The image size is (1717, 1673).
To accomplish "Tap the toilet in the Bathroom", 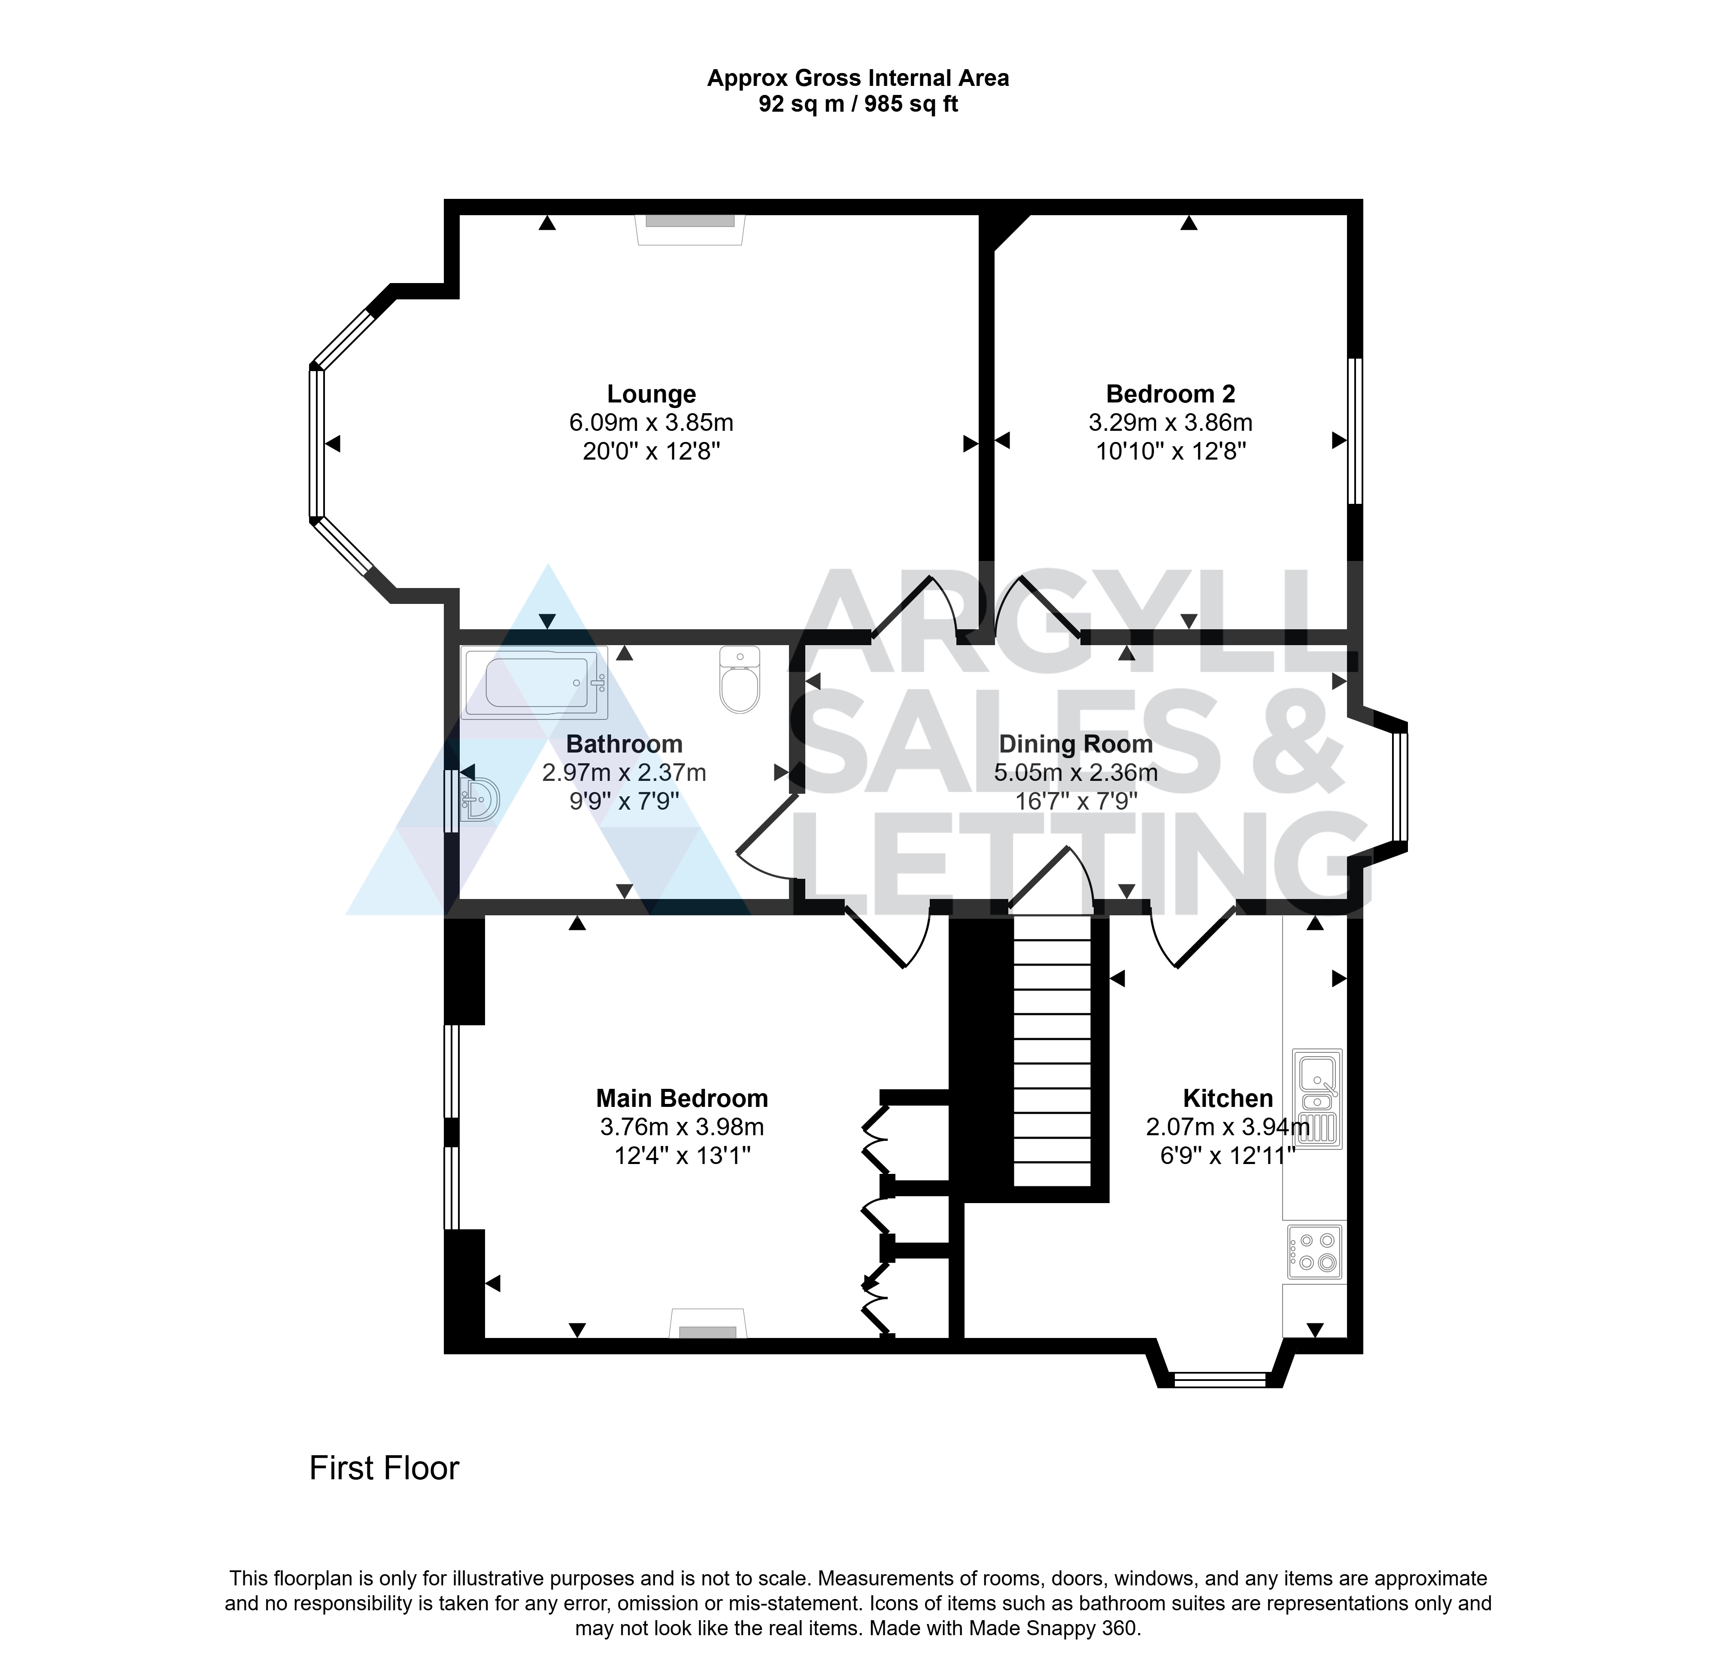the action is click(x=740, y=679).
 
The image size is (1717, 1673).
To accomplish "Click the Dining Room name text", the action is click(x=1076, y=744).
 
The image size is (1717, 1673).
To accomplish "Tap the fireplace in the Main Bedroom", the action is click(x=708, y=1323).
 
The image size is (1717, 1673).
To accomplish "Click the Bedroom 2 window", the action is click(x=1355, y=430).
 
